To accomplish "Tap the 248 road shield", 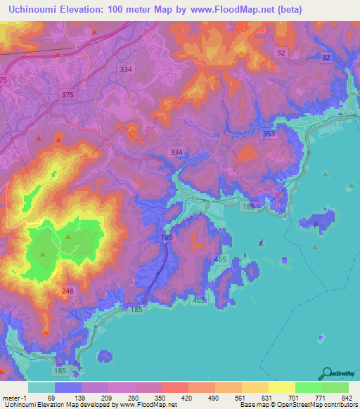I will (67, 291).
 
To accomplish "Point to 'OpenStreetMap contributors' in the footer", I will (320, 405).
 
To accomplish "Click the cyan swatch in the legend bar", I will (41, 387).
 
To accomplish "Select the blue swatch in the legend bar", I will (68, 387).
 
